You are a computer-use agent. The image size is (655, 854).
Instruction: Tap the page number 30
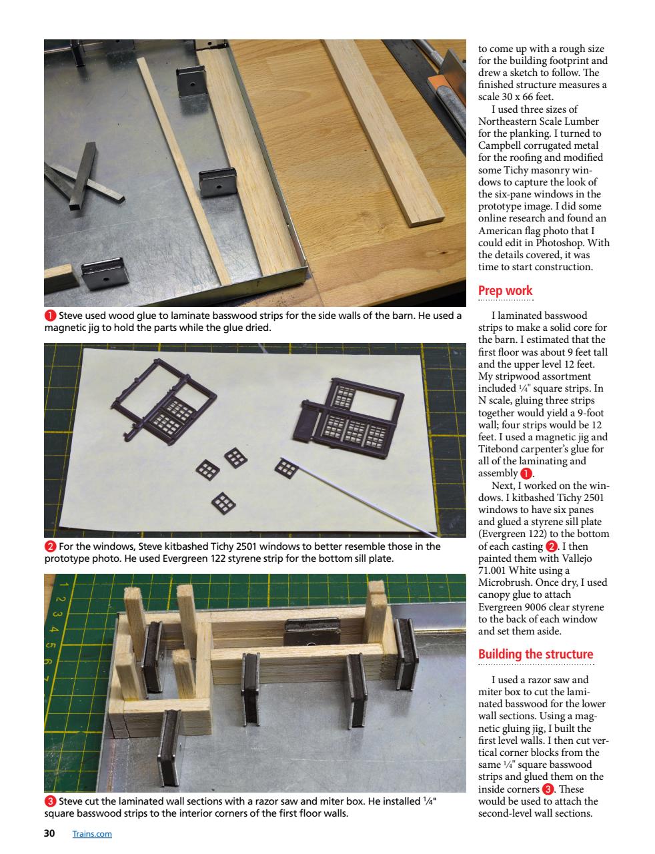(49, 833)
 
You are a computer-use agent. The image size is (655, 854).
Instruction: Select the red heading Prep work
(505, 290)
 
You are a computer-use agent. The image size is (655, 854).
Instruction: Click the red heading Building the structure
(535, 654)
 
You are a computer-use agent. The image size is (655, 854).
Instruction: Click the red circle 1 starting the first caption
(49, 316)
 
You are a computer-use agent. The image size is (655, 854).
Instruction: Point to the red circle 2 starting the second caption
(49, 546)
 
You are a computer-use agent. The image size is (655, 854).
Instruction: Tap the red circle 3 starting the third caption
(49, 801)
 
